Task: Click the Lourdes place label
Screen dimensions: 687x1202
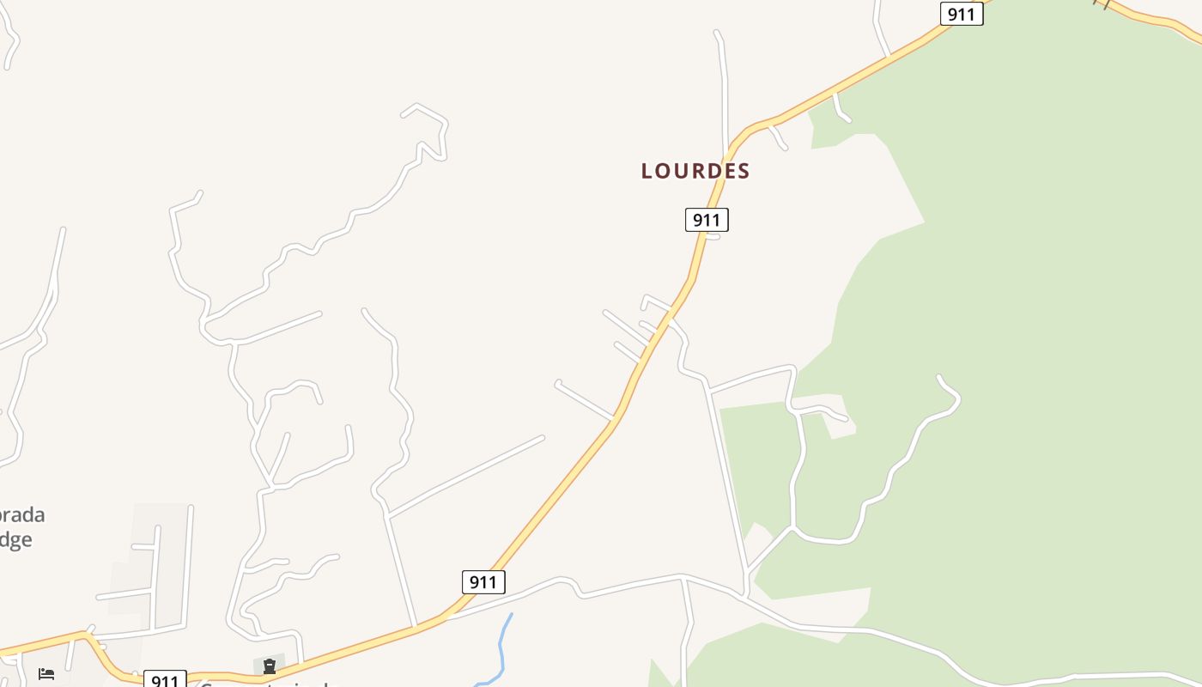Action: point(695,171)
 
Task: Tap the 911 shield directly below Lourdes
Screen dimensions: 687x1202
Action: point(707,220)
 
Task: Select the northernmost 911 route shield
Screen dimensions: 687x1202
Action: point(961,14)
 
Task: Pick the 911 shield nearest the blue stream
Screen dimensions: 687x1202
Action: point(483,582)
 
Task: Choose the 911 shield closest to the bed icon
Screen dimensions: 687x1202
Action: point(164,680)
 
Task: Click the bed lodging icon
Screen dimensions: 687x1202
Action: point(46,673)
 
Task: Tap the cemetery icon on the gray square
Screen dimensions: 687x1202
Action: point(270,666)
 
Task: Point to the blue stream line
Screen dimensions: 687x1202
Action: point(501,648)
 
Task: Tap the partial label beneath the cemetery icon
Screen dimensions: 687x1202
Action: point(266,684)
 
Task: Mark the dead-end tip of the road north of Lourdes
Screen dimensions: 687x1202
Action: point(717,33)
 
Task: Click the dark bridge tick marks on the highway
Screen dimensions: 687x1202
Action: point(1103,3)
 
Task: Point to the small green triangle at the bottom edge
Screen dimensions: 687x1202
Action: point(659,674)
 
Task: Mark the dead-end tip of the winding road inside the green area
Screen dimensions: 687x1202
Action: point(940,378)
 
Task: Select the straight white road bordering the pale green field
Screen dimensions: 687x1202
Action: point(727,481)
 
